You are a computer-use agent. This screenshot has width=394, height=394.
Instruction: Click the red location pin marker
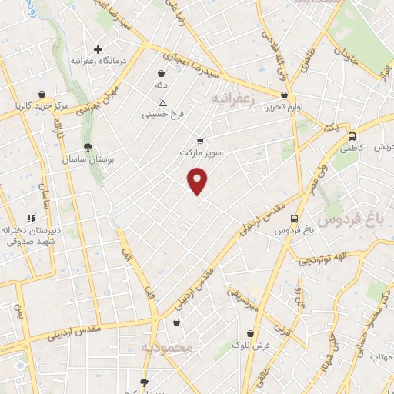(x=198, y=182)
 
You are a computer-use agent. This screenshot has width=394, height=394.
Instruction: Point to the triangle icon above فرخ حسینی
(x=162, y=103)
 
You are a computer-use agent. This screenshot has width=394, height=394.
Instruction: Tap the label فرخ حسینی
(x=162, y=115)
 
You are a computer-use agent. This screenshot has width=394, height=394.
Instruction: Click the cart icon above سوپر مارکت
(x=200, y=141)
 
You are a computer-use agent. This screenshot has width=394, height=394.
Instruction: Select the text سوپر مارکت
(x=199, y=153)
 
